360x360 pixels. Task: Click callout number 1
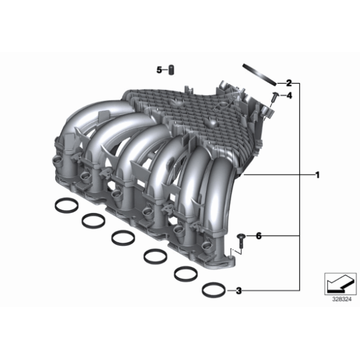click(x=317, y=176)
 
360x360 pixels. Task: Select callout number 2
click(x=288, y=83)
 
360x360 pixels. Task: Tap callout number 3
click(x=238, y=290)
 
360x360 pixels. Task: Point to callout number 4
click(x=289, y=95)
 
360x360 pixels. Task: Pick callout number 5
click(x=159, y=70)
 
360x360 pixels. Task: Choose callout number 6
click(x=259, y=236)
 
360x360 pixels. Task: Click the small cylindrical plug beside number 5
click(x=172, y=70)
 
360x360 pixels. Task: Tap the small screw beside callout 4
click(x=274, y=96)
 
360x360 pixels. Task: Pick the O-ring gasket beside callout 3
click(x=213, y=290)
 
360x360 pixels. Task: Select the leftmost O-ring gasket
click(x=64, y=204)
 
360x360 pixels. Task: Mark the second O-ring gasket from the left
click(x=93, y=219)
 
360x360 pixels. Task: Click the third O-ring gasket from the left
click(x=124, y=236)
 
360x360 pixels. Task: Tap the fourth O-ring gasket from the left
click(x=155, y=254)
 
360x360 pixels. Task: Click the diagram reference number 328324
click(x=340, y=299)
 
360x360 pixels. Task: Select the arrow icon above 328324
click(x=339, y=283)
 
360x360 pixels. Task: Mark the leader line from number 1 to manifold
click(x=279, y=176)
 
